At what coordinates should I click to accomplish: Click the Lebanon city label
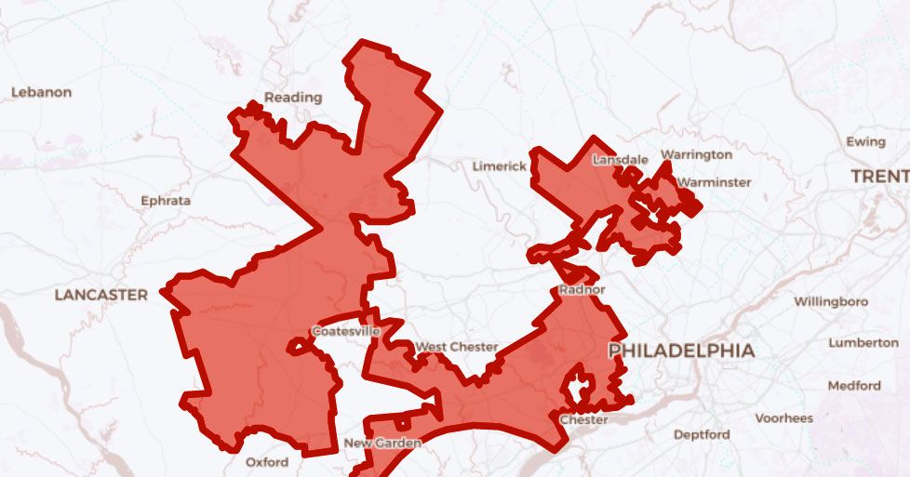tap(41, 92)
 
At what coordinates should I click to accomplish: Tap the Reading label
tap(293, 97)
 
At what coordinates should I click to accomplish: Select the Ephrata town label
tap(166, 200)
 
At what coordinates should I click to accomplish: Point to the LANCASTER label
tap(100, 295)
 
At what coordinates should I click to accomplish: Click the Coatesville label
tap(345, 331)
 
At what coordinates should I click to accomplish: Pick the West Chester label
tap(456, 347)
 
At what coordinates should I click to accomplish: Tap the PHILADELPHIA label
tap(681, 351)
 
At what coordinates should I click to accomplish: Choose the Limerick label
tap(499, 166)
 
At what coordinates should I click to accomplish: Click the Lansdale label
tap(620, 160)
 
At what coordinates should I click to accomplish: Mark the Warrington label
tap(696, 154)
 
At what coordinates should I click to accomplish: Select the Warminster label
tap(714, 182)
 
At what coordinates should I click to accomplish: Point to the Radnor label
tap(582, 290)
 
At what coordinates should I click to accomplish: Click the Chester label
tap(583, 419)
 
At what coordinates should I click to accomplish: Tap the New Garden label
tap(382, 443)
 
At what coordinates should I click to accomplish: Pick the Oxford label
tap(267, 462)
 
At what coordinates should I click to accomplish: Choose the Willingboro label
tap(830, 301)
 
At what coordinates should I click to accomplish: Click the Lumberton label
tap(863, 342)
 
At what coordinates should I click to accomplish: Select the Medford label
tap(853, 385)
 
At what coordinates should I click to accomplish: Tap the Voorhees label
tap(784, 418)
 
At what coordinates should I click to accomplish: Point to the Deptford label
tap(702, 434)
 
